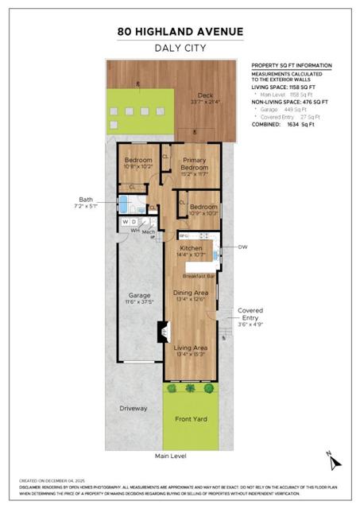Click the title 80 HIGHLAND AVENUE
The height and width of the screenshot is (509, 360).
(x=180, y=32)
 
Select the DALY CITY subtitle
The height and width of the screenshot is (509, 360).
(x=180, y=49)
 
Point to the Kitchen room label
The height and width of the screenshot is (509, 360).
(x=192, y=249)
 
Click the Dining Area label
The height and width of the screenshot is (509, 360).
(x=190, y=293)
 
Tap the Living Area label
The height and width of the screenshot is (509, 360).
(x=191, y=348)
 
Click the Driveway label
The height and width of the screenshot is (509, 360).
(x=134, y=408)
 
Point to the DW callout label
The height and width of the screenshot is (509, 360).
(x=242, y=247)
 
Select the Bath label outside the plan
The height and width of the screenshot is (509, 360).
(x=89, y=200)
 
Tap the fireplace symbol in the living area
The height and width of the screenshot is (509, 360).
(x=163, y=330)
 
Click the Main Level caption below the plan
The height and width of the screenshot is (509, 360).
(x=171, y=457)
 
